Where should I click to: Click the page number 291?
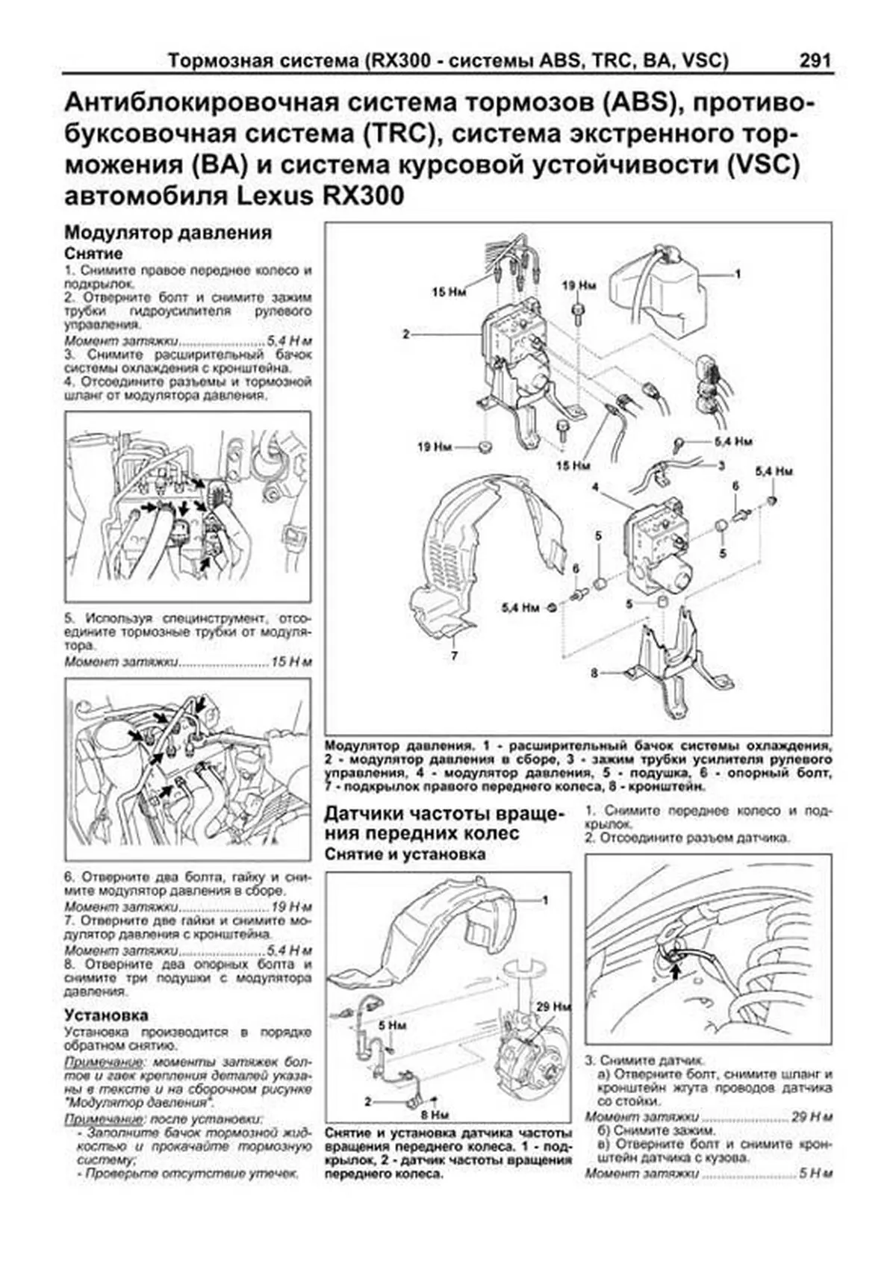[815, 60]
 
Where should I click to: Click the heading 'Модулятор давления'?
[167, 233]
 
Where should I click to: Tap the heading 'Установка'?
[106, 1015]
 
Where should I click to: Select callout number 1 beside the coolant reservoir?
[738, 274]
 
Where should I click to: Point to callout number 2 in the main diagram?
[406, 334]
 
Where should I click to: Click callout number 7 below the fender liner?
[453, 657]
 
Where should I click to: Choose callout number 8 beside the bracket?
[594, 673]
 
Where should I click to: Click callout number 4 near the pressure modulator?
[595, 488]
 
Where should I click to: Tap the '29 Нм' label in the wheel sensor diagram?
[553, 1006]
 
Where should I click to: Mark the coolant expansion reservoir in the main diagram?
[657, 287]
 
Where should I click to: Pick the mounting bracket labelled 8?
[668, 664]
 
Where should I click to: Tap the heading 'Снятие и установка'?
[405, 854]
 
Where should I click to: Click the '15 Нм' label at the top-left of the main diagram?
[449, 292]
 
